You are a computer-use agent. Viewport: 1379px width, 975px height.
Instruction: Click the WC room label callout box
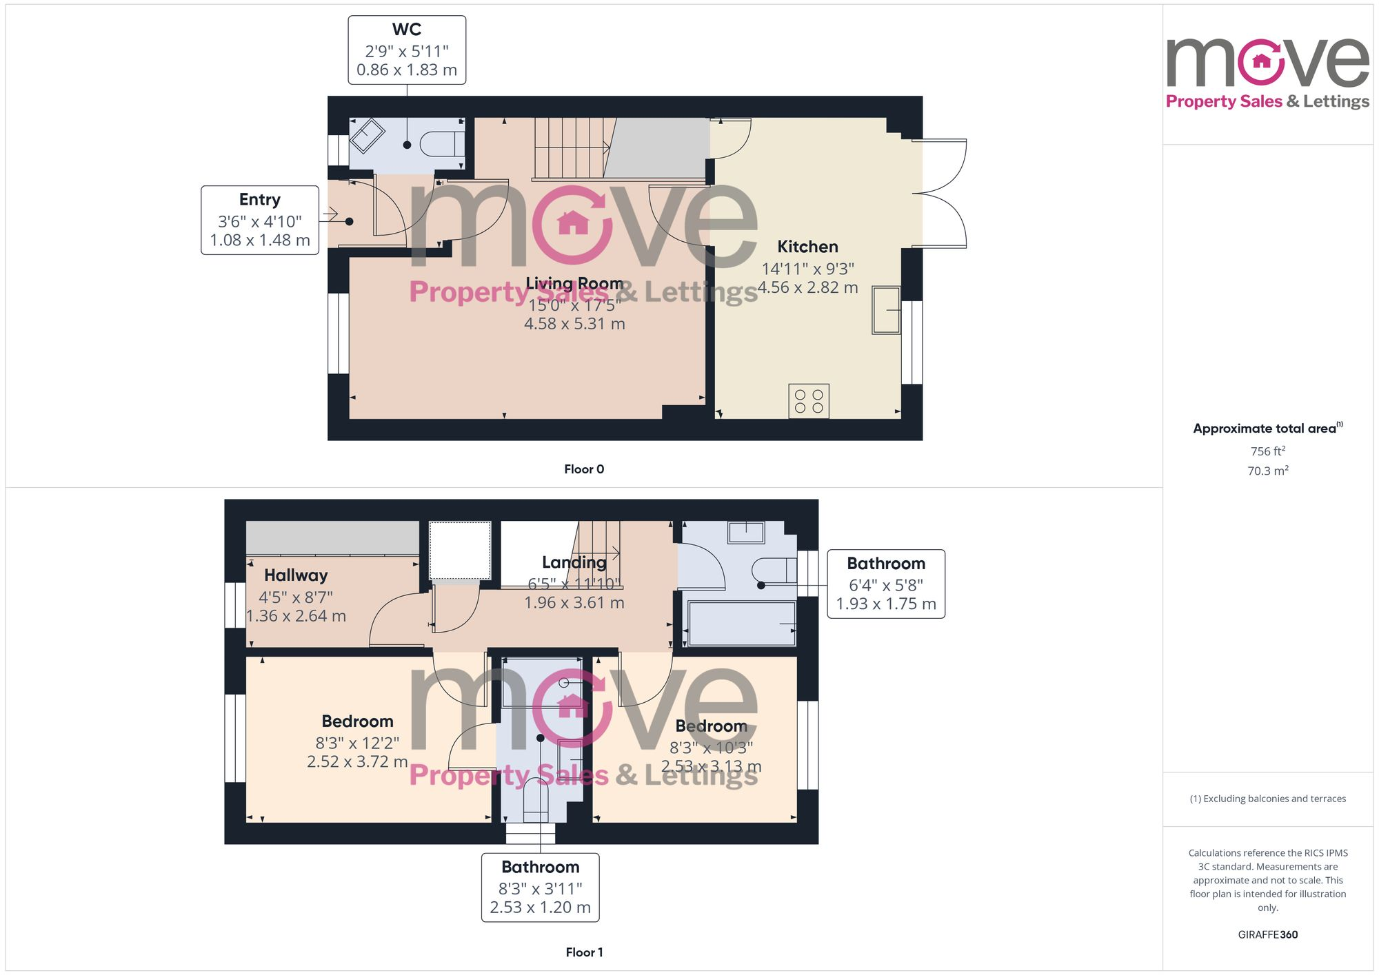pyautogui.click(x=407, y=50)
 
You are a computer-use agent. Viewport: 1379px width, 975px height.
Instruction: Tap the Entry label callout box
pyautogui.click(x=260, y=220)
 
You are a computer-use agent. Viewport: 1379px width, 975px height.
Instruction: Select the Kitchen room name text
pyautogui.click(x=807, y=247)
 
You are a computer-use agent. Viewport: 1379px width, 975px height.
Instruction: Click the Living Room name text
pyautogui.click(x=574, y=283)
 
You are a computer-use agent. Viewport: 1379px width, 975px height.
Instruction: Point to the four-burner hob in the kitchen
pyautogui.click(x=809, y=401)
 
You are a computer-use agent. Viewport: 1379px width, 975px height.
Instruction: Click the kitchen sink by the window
pyautogui.click(x=886, y=310)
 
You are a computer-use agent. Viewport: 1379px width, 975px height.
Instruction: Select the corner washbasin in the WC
pyautogui.click(x=367, y=136)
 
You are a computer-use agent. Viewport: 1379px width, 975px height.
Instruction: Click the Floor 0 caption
pyautogui.click(x=584, y=469)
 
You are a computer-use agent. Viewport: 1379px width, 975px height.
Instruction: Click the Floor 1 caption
pyautogui.click(x=584, y=952)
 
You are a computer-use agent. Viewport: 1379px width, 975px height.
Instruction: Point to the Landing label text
pyautogui.click(x=574, y=562)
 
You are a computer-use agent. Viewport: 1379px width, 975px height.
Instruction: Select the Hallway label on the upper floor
pyautogui.click(x=296, y=575)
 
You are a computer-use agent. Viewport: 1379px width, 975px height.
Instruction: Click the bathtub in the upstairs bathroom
pyautogui.click(x=742, y=624)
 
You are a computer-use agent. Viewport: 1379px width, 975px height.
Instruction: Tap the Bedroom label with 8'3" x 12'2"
pyautogui.click(x=357, y=721)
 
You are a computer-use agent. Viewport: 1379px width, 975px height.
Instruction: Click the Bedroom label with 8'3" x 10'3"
pyautogui.click(x=711, y=726)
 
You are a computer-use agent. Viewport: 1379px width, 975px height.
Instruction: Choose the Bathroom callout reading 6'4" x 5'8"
pyautogui.click(x=886, y=584)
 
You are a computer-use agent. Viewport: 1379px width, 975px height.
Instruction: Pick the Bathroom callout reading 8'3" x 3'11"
pyautogui.click(x=541, y=887)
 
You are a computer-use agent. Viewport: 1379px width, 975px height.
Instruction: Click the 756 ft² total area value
pyautogui.click(x=1267, y=451)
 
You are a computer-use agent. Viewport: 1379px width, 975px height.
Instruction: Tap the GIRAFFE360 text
pyautogui.click(x=1267, y=935)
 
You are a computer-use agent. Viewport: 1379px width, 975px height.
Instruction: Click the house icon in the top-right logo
pyautogui.click(x=1261, y=61)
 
